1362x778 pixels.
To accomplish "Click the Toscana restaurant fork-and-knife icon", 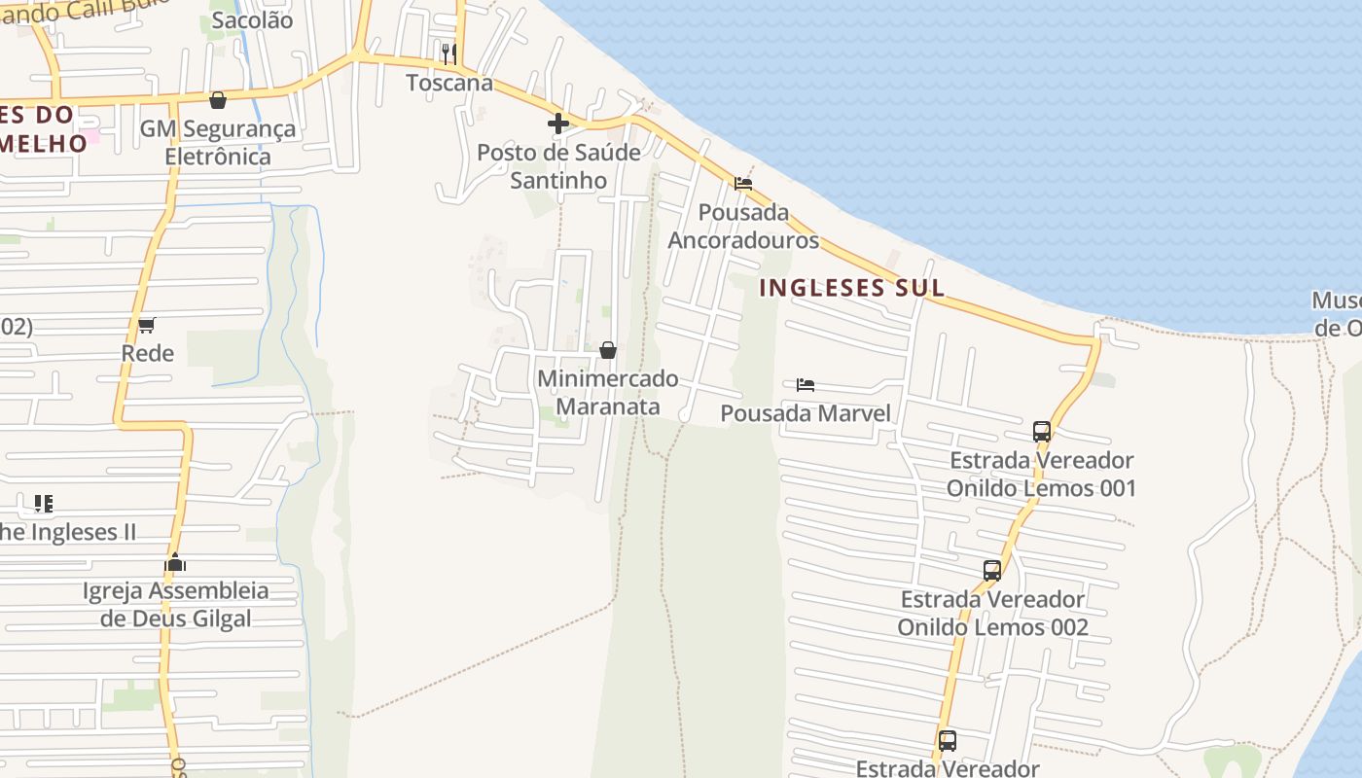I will click(448, 53).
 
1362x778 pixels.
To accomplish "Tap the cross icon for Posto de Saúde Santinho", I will click(558, 124).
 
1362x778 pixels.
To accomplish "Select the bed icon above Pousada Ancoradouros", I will click(743, 183).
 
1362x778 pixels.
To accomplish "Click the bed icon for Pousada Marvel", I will click(806, 384).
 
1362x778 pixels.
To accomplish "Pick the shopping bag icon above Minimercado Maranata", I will click(608, 350).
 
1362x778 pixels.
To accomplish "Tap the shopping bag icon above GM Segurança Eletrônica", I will click(218, 100).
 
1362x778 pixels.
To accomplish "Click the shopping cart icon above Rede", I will click(147, 325).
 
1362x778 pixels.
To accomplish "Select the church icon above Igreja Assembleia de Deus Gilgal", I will click(175, 562).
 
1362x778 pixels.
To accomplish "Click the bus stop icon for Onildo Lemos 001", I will click(1042, 431).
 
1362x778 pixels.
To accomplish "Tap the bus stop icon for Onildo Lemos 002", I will click(992, 571).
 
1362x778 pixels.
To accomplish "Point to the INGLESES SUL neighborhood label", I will click(851, 288).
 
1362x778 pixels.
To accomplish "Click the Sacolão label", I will click(252, 20).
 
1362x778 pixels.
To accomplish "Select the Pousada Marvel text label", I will click(806, 413).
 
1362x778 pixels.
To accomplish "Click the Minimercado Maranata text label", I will click(608, 392).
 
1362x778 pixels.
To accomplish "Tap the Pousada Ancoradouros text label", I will click(744, 226).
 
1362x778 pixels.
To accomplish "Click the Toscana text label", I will click(449, 83).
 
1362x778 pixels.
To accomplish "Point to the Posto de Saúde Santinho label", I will click(558, 166).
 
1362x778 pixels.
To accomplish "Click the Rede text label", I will click(148, 353).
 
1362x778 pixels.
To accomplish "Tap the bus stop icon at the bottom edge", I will click(948, 741).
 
